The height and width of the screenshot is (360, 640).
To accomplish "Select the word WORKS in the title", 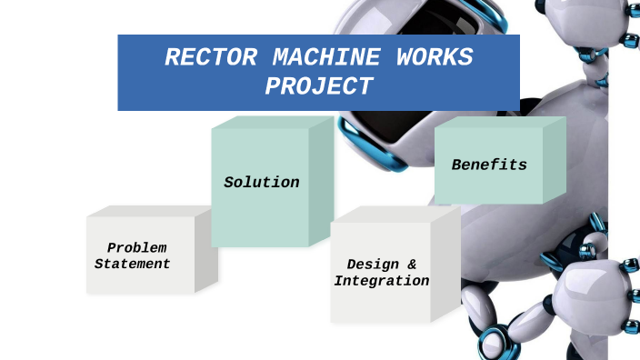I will tap(435, 58).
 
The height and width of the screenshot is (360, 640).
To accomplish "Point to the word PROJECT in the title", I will tap(319, 86).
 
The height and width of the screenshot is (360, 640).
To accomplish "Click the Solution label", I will tap(262, 183).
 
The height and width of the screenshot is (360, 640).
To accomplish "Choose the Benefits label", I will tap(489, 165).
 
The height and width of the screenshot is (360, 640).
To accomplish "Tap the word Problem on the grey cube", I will tap(136, 248).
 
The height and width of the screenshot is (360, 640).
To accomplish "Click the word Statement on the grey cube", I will tap(133, 264).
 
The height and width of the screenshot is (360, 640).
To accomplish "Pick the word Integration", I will tap(382, 281).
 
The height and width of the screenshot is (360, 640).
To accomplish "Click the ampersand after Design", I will tap(412, 265).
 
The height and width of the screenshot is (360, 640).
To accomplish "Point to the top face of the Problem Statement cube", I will tap(145, 211).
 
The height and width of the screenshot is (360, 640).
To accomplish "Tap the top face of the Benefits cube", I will tap(498, 122).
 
